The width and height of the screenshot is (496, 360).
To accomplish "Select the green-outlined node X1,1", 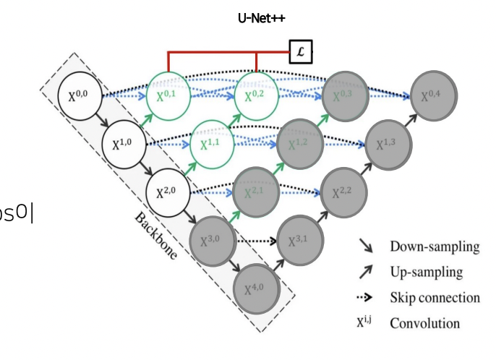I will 212,144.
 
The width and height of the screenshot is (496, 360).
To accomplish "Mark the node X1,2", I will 299,144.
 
